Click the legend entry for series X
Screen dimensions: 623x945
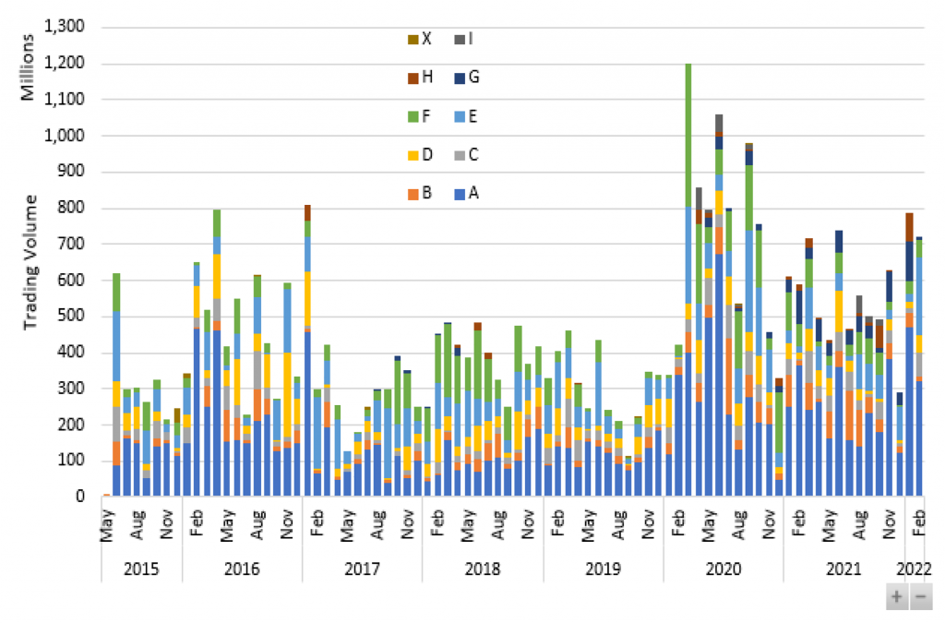[420, 39]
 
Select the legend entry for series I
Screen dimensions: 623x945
[464, 39]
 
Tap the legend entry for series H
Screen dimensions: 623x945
[420, 78]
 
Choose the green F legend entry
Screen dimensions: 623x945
[420, 117]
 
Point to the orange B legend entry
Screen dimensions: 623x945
[420, 194]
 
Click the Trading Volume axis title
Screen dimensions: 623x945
[30, 262]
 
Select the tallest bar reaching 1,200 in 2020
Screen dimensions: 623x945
[688, 277]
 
